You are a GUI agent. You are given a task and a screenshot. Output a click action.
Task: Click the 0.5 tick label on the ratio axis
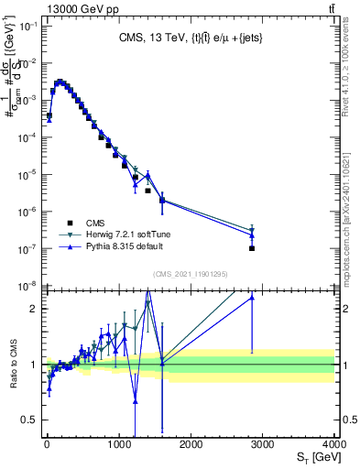click(29, 420)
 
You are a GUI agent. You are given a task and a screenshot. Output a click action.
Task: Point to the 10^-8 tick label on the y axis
click(28, 286)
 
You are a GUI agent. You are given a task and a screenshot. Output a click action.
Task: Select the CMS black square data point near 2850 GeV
click(252, 248)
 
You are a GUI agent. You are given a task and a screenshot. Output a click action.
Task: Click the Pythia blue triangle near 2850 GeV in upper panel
click(252, 235)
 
